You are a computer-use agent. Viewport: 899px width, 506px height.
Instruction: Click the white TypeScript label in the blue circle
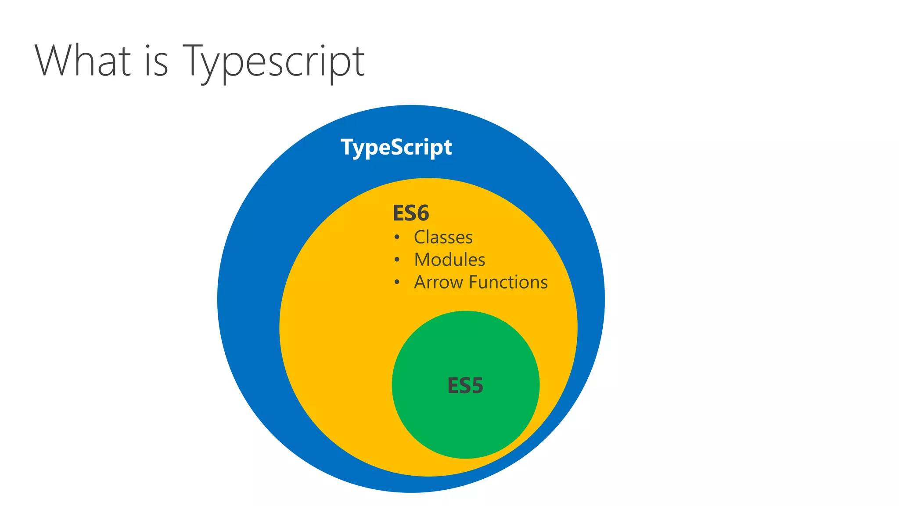tap(396, 147)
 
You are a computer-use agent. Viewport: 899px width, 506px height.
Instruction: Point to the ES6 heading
tap(410, 213)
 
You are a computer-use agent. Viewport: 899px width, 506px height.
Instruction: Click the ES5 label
tap(465, 386)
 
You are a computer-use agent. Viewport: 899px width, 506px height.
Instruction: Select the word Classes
tap(443, 237)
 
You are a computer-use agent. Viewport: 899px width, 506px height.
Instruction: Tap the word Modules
tap(449, 260)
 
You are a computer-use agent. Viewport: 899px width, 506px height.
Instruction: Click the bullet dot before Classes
tap(397, 238)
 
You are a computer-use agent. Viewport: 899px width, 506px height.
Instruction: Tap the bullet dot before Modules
tap(397, 260)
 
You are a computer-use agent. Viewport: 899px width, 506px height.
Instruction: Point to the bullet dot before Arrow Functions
tap(397, 282)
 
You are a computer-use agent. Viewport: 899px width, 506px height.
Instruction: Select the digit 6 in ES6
tap(422, 213)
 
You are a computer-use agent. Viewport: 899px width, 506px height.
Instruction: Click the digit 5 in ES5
tap(477, 386)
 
